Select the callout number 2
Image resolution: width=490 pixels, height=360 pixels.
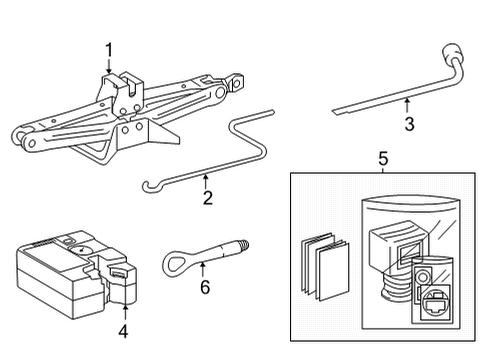(206, 197)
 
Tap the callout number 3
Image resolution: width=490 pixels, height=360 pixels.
(409, 124)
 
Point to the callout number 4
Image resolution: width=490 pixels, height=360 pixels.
(124, 330)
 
